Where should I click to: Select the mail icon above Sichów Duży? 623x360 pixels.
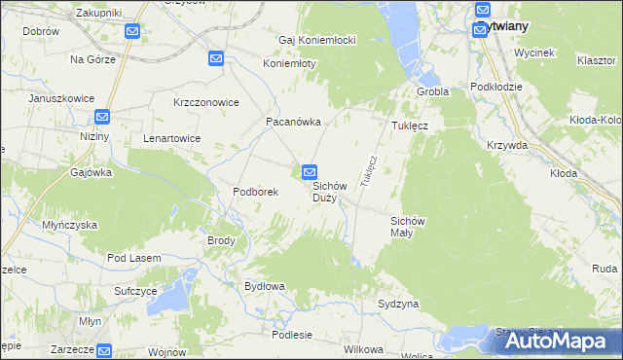[310, 172]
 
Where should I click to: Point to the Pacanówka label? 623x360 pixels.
[294, 123]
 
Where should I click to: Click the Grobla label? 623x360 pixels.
[432, 91]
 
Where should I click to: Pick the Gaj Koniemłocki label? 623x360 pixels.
[317, 40]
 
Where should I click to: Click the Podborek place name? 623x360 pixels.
[256, 192]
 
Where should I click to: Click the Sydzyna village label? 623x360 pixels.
[398, 305]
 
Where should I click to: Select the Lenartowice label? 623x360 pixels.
[171, 138]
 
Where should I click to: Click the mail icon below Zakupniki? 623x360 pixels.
[132, 31]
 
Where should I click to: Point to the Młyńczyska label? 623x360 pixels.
[69, 225]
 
